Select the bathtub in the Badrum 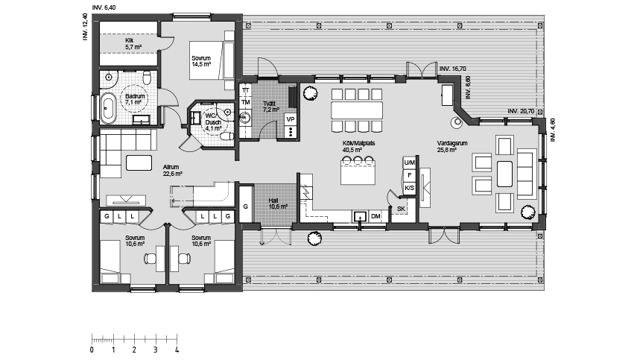110,108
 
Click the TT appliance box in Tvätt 245,90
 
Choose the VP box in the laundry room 290,119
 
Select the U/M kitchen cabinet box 409,162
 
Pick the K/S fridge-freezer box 409,188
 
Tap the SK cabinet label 401,209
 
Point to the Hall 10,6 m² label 278,203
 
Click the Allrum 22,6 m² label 173,171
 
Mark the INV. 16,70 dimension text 454,68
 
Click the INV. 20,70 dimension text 522,110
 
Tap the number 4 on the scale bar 177,349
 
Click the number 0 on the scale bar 92,349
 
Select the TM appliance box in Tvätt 245,102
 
